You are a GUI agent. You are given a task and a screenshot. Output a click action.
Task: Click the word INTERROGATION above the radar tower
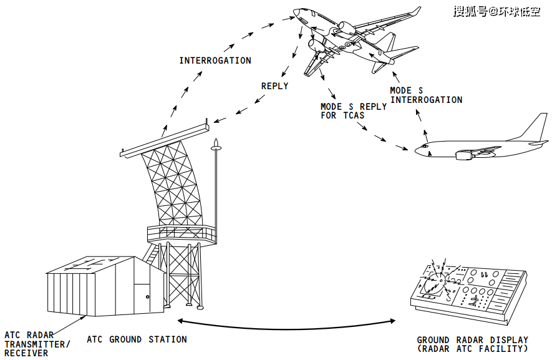pyautogui.click(x=215, y=61)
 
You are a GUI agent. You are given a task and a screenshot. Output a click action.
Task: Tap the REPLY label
pyautogui.click(x=274, y=86)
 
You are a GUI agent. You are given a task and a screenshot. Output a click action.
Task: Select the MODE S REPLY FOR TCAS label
pyautogui.click(x=353, y=110)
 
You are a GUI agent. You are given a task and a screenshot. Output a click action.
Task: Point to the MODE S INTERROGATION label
pyautogui.click(x=426, y=95)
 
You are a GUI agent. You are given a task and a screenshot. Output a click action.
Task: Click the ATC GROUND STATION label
pyautogui.click(x=137, y=339)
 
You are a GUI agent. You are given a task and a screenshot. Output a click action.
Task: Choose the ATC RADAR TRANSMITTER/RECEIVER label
pyautogui.click(x=37, y=344)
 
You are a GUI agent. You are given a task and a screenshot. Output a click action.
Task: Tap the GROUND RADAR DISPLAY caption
pyautogui.click(x=472, y=344)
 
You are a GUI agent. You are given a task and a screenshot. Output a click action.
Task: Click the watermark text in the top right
pyautogui.click(x=496, y=12)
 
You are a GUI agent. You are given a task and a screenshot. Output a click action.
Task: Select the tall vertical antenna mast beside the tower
pyautogui.click(x=216, y=187)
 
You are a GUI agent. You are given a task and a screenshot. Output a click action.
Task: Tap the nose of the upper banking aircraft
pyautogui.click(x=297, y=12)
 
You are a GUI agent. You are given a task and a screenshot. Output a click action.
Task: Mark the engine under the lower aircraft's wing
pyautogui.click(x=466, y=154)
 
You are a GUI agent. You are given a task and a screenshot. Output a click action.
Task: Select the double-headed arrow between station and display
pyautogui.click(x=286, y=323)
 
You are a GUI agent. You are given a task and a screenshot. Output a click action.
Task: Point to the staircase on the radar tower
pyautogui.click(x=150, y=253)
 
